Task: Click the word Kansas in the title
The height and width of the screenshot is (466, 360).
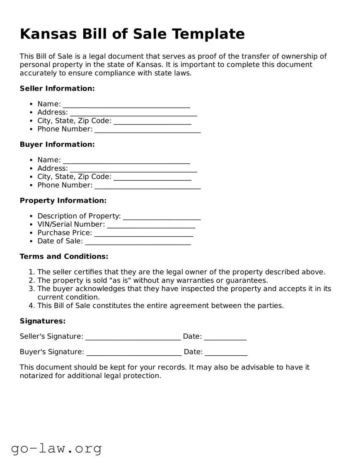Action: point(49,34)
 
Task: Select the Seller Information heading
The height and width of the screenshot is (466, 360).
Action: point(57,88)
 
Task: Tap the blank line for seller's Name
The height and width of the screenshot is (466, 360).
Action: point(126,104)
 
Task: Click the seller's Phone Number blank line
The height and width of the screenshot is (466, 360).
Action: point(147,130)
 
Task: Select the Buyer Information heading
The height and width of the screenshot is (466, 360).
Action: point(57,144)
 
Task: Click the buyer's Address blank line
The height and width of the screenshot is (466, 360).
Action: point(133,169)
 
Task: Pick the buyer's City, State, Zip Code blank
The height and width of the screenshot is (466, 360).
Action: point(152,177)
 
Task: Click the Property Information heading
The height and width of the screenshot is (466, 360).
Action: point(63,201)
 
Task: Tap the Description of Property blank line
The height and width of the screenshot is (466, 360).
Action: point(162,217)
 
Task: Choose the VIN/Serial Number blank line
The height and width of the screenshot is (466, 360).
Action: point(151,225)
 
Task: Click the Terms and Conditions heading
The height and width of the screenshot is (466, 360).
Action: point(64,257)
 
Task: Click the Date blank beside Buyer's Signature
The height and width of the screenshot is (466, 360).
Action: point(226,352)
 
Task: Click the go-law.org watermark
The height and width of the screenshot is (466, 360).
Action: point(56,448)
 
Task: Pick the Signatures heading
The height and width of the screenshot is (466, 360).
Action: point(43,321)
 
